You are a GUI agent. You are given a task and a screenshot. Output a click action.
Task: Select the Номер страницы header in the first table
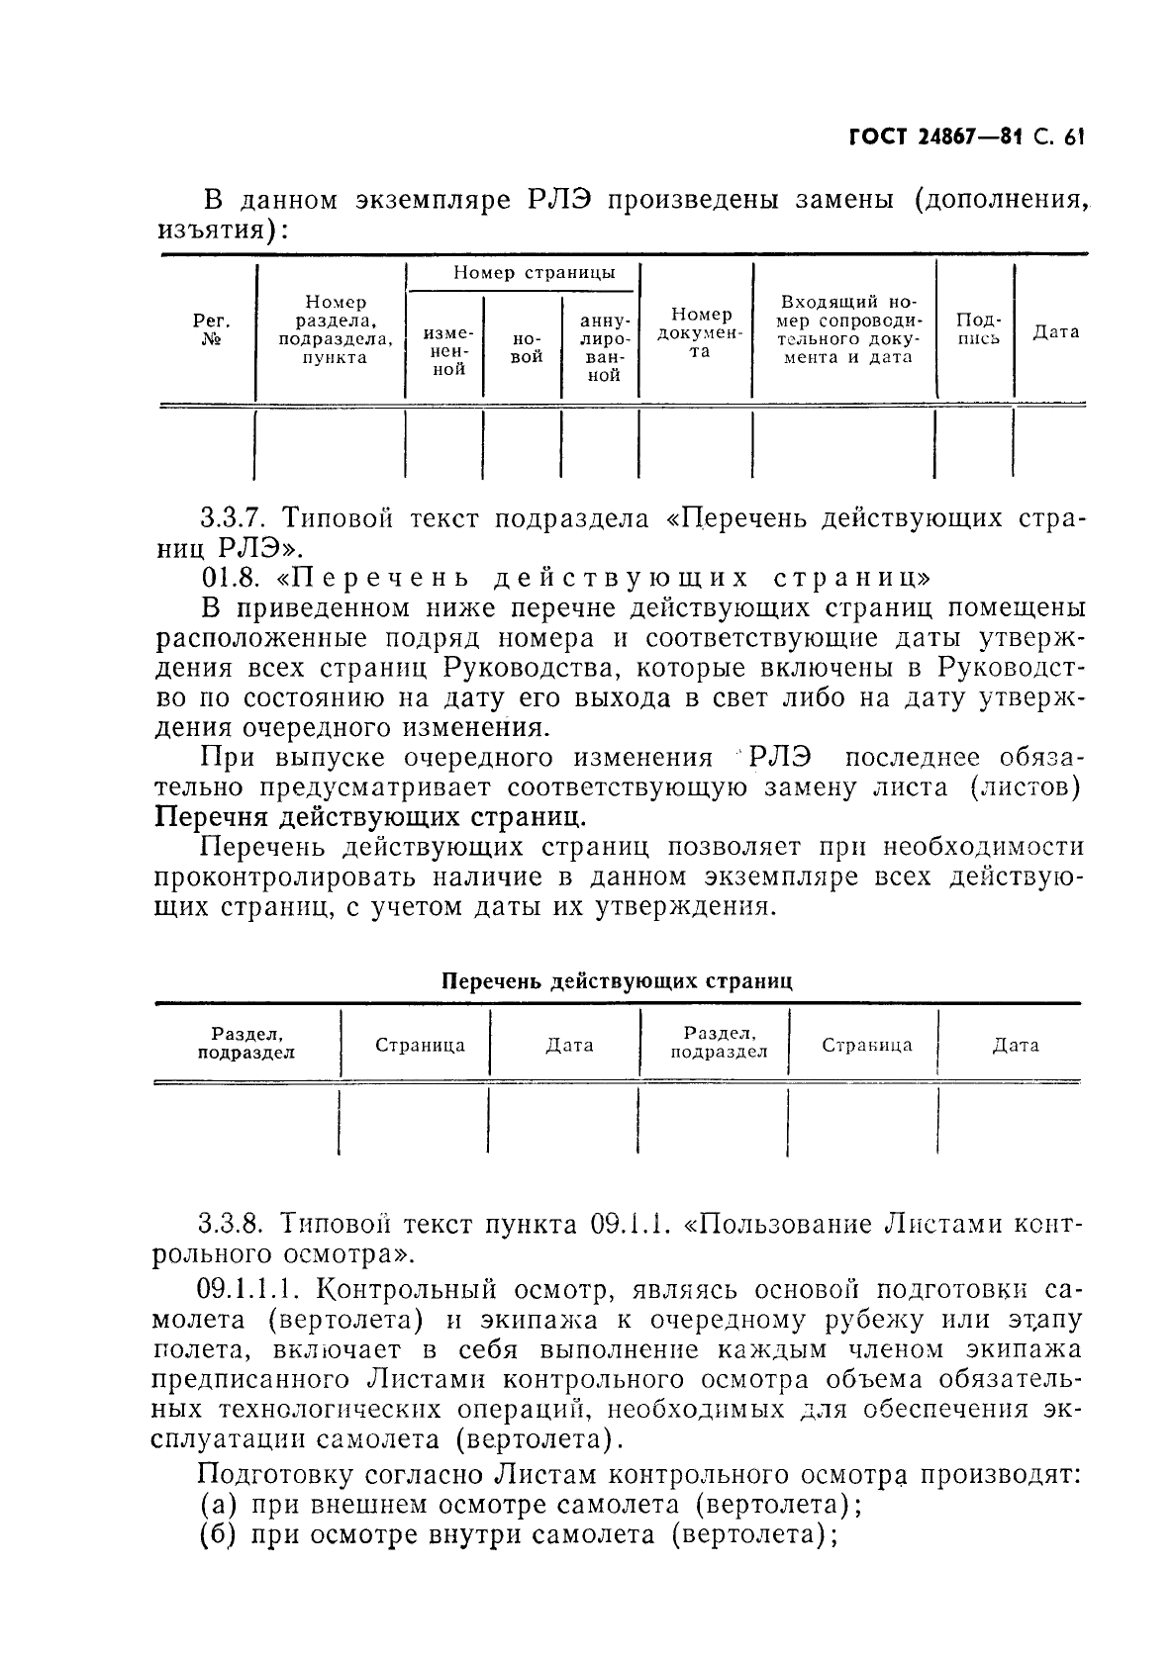tap(534, 274)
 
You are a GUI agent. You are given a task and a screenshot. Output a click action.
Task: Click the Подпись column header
tap(977, 329)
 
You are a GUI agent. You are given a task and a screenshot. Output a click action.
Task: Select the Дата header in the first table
tap(1056, 332)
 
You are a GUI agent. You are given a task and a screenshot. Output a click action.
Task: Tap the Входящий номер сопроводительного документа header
tap(849, 330)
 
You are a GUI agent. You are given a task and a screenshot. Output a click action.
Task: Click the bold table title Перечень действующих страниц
tap(616, 981)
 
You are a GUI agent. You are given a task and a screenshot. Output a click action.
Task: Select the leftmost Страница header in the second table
tap(420, 1045)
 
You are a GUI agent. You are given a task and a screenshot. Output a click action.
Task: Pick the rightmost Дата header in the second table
tap(1016, 1045)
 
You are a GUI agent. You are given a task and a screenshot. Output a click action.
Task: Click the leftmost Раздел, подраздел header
tap(246, 1044)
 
